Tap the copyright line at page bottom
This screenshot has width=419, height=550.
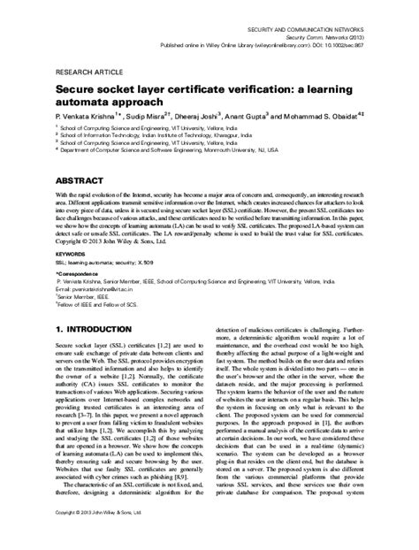coord(95,538)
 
